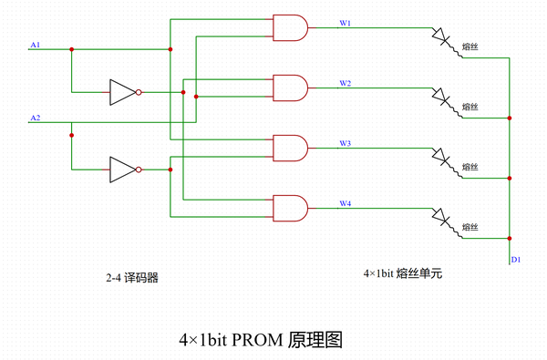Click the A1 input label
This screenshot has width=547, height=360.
(35, 44)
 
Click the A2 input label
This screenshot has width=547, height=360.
(35, 118)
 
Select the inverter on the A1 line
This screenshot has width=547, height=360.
(123, 92)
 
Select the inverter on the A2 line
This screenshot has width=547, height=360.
(123, 170)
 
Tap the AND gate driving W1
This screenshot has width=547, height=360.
(291, 29)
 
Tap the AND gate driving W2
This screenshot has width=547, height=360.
(291, 88)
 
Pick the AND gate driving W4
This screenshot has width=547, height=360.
(291, 208)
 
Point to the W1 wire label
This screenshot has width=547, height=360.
(346, 22)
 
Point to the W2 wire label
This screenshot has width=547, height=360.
(346, 82)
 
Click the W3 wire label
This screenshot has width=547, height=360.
(346, 143)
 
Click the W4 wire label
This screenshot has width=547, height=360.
(346, 202)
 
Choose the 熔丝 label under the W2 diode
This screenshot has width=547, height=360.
(470, 108)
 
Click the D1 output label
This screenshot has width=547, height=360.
(515, 260)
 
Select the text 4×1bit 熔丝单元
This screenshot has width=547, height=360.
(401, 273)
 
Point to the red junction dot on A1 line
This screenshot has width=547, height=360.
(71, 49)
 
